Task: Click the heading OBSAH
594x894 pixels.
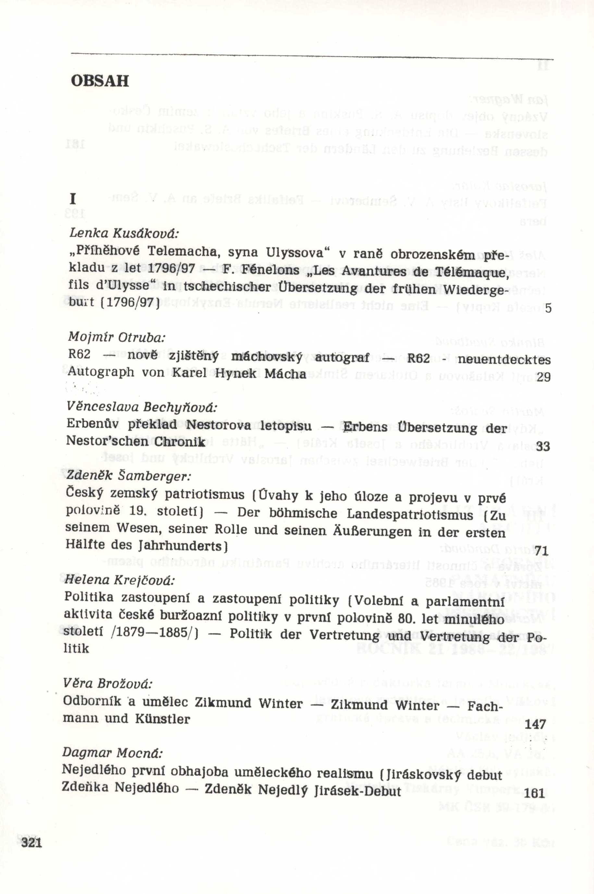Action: coord(100,81)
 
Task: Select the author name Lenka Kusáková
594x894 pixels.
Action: coord(124,234)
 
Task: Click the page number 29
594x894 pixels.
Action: coord(543,377)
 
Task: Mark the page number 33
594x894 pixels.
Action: coord(543,447)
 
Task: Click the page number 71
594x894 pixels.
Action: coord(542,551)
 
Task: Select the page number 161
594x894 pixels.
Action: coord(534,793)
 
